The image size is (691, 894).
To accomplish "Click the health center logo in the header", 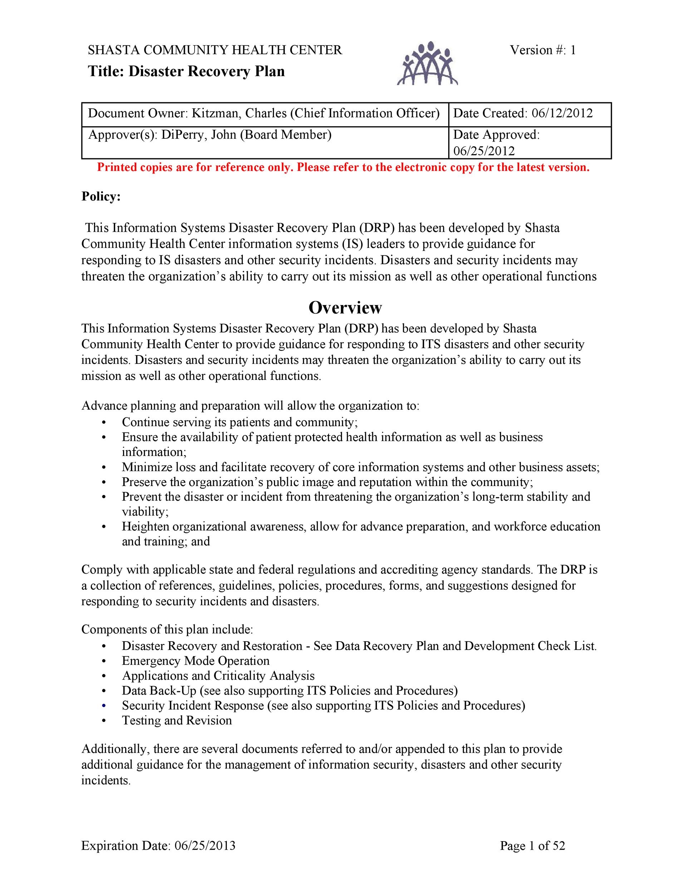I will coord(427,63).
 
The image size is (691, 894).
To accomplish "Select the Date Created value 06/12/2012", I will coord(562,113).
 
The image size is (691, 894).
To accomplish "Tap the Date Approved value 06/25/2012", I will coord(484,151).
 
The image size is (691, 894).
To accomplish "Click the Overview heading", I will coord(345,308).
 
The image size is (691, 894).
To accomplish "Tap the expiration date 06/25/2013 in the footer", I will coord(205,846).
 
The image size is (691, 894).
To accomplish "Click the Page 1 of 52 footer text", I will coord(532,846).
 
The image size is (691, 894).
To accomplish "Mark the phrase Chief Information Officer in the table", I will coord(365,113).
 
